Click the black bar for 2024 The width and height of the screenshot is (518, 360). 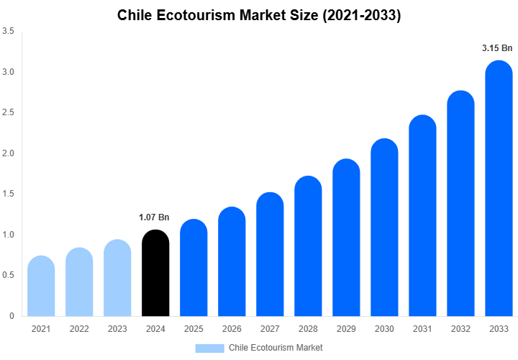click(155, 274)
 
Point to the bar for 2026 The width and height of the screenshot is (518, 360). click(232, 262)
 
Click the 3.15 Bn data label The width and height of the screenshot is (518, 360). click(497, 48)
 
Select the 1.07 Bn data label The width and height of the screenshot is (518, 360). click(154, 217)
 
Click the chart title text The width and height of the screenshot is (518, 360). click(259, 15)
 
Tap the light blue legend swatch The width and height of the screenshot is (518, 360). click(209, 348)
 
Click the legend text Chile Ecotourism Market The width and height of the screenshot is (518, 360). click(276, 348)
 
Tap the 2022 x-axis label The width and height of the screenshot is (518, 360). click(79, 328)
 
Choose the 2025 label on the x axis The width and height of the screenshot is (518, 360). click(194, 328)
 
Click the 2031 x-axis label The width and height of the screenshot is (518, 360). click(422, 328)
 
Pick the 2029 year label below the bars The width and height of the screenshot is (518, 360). click(346, 328)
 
